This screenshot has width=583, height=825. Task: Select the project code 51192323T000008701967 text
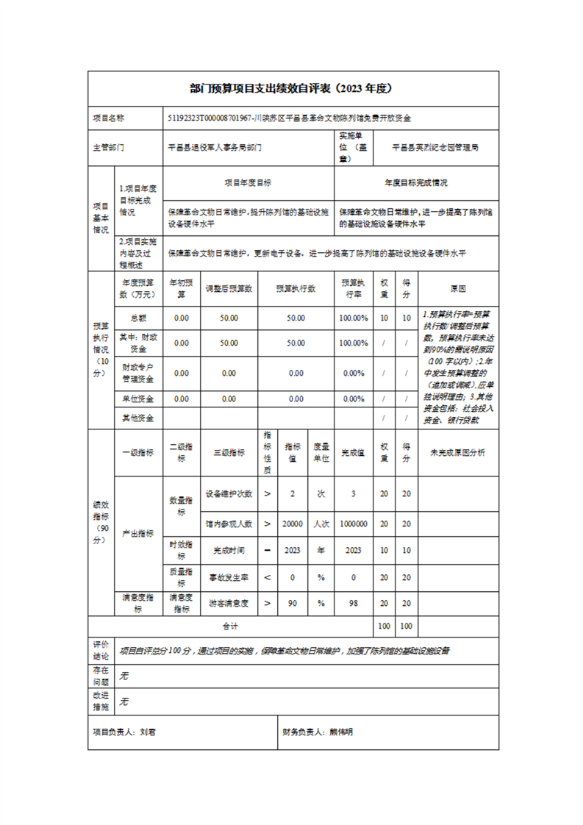click(210, 118)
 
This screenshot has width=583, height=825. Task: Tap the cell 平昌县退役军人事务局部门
click(215, 148)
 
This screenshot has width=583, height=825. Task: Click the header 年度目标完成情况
click(416, 182)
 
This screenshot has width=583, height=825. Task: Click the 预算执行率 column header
click(354, 289)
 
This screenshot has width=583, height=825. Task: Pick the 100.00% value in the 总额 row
click(354, 318)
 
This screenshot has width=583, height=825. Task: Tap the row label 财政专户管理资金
click(137, 373)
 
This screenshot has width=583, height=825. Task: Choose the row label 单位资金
click(137, 399)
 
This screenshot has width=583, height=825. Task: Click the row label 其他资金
click(137, 418)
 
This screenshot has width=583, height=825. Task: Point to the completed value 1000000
click(354, 524)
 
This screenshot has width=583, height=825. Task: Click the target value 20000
click(293, 524)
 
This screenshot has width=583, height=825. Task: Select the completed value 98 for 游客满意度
click(354, 604)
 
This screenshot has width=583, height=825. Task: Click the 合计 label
click(230, 626)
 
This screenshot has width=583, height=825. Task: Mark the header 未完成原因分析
click(457, 453)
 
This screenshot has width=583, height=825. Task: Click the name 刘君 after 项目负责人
click(148, 732)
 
